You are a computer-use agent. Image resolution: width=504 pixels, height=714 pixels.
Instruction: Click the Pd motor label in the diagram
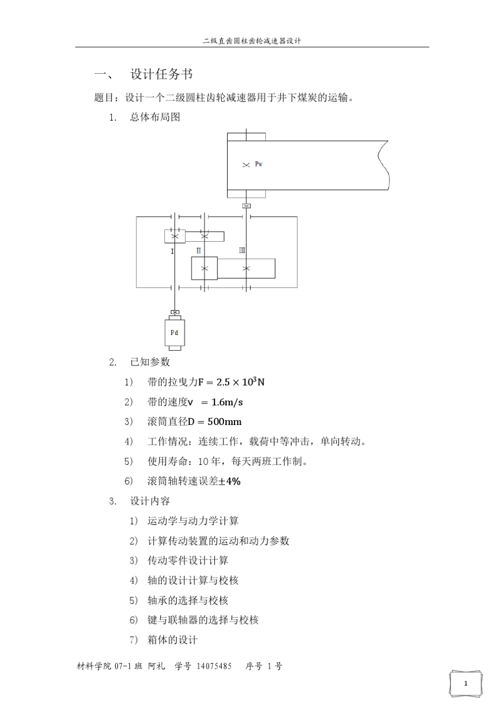click(174, 333)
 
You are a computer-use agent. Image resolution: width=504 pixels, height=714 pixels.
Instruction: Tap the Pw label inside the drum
click(258, 164)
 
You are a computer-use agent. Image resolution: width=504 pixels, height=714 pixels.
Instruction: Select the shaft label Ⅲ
click(242, 250)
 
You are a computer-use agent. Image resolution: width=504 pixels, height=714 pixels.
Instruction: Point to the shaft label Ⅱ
click(198, 250)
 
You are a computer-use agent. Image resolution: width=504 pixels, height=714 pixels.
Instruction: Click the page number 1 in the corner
click(466, 683)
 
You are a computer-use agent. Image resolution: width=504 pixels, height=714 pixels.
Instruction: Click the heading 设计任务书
click(161, 74)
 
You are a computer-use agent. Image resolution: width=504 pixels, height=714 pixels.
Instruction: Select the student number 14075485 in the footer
click(214, 666)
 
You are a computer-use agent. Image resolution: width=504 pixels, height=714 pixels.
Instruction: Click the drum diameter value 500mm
click(224, 422)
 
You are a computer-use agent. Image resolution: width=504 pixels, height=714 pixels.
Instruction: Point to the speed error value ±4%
click(230, 481)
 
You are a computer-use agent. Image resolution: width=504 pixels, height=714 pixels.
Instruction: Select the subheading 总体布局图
click(155, 117)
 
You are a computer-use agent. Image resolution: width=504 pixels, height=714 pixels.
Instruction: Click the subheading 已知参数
click(150, 362)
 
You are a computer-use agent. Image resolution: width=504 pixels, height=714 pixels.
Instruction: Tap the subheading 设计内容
click(150, 501)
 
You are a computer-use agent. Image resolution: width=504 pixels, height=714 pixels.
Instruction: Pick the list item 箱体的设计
click(172, 640)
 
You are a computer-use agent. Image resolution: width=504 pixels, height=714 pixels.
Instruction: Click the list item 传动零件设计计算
click(188, 560)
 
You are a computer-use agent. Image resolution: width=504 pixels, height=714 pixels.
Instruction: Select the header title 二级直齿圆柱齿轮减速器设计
click(252, 41)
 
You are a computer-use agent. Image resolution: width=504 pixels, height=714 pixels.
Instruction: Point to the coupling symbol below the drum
click(246, 206)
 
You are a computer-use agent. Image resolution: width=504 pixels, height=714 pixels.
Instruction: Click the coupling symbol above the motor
click(174, 312)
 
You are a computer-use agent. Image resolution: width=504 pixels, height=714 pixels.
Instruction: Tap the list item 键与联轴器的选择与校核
click(203, 620)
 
